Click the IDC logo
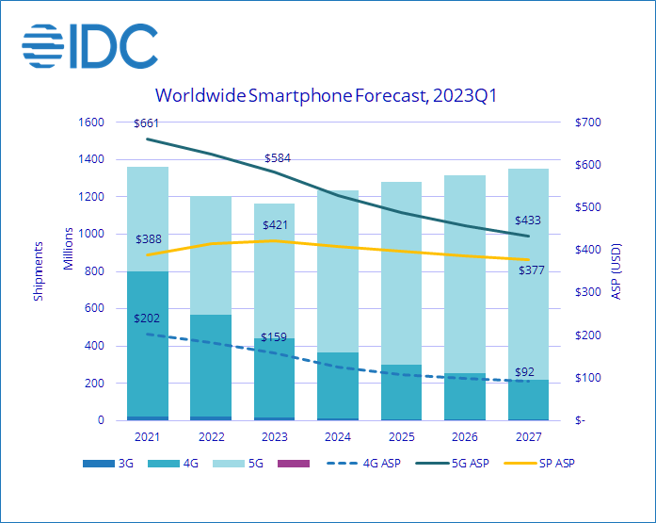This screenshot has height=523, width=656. [x=90, y=44]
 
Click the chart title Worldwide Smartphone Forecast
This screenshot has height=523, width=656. [x=327, y=95]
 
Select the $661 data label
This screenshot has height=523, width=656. [x=148, y=123]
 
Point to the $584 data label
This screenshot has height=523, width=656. [x=277, y=158]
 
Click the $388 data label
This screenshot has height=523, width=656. [x=149, y=239]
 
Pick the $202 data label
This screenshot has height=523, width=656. [x=149, y=319]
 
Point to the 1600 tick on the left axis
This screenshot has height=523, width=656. [x=91, y=123]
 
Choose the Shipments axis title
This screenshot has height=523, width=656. [x=39, y=271]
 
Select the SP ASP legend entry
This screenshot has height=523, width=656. [x=536, y=464]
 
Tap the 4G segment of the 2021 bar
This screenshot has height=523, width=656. [x=148, y=344]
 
